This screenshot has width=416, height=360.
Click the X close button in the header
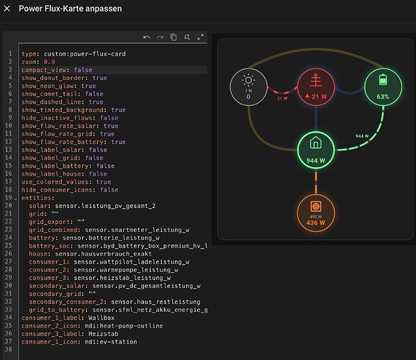click(x=7, y=9)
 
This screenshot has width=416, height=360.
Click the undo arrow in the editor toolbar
click(x=146, y=37)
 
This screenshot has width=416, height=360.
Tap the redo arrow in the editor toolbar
click(x=160, y=37)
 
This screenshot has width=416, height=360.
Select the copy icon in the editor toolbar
click(x=173, y=37)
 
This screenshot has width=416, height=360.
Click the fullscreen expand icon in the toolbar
click(x=201, y=37)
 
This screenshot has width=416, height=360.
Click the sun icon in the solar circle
click(x=248, y=80)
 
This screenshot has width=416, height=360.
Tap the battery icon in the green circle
click(x=383, y=80)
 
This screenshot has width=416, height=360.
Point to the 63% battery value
click(x=383, y=96)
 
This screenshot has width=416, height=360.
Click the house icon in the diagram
click(x=316, y=143)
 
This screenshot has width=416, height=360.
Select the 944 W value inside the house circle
click(x=316, y=161)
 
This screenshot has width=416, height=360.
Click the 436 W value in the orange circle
click(x=316, y=222)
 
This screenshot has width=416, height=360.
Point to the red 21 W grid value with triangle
click(x=316, y=96)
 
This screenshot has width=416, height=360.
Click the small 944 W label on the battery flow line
click(x=362, y=136)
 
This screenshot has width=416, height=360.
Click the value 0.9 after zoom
click(x=50, y=62)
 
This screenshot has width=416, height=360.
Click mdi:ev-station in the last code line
click(x=111, y=342)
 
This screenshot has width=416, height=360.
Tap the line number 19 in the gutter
click(x=9, y=197)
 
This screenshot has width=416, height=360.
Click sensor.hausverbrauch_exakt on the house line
click(x=103, y=254)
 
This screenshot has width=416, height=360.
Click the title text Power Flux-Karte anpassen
click(x=71, y=9)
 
